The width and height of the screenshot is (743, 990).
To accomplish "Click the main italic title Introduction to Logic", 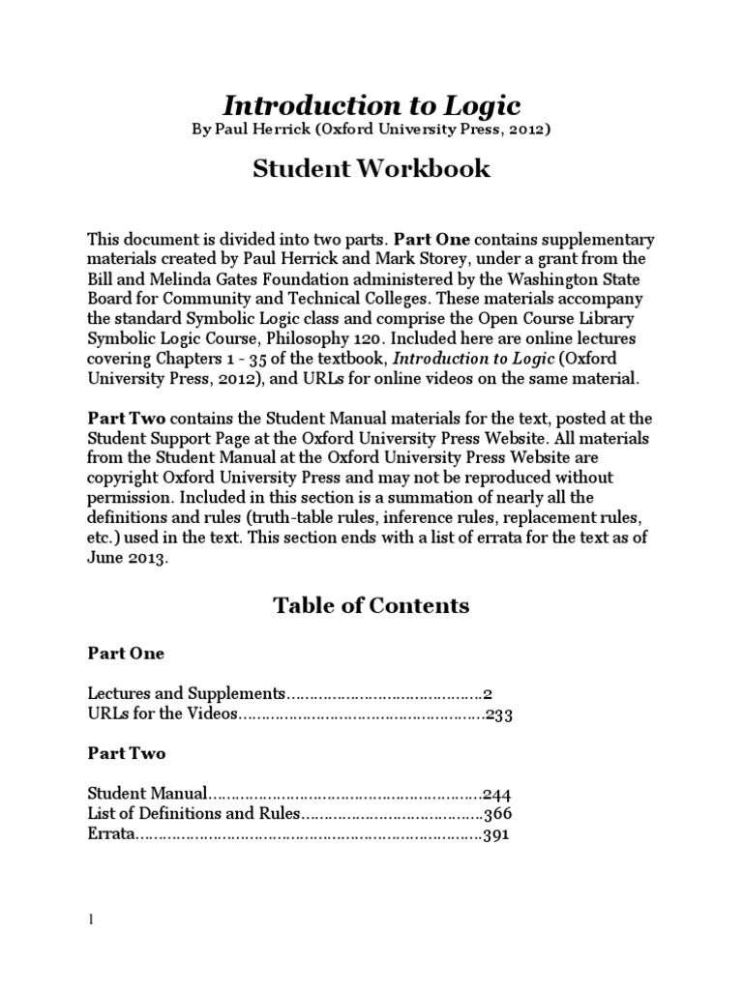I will (x=371, y=105).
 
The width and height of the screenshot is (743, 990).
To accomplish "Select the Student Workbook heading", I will (x=371, y=169).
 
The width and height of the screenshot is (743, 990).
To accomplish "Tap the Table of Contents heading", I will (x=371, y=606).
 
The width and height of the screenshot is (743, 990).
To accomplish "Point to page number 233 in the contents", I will (x=499, y=716).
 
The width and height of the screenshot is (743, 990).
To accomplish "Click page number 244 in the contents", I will (x=496, y=794).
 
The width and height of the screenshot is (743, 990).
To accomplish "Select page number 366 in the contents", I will (x=496, y=814).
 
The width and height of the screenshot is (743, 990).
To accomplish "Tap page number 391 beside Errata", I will (x=496, y=834).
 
